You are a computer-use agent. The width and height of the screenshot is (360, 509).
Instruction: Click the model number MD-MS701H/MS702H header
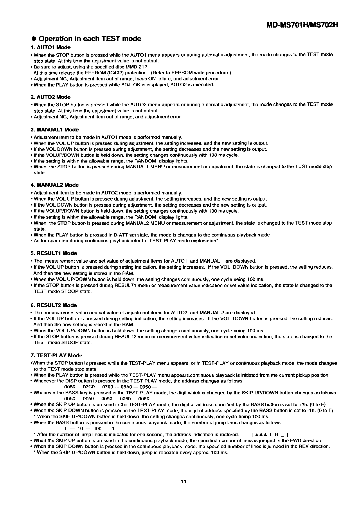coord(302,25)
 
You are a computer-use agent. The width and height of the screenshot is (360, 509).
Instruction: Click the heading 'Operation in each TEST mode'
coord(90,39)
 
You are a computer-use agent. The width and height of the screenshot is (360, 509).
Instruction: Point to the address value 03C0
coord(89,387)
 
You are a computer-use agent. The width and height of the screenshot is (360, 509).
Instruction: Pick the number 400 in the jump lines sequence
coord(98,429)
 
